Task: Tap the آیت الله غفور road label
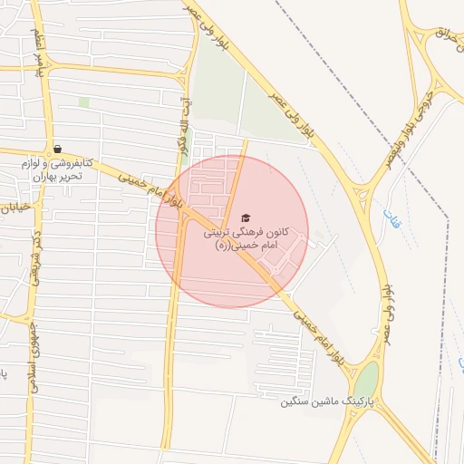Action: point(185,126)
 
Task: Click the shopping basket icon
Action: point(57,149)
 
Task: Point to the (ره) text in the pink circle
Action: point(223,246)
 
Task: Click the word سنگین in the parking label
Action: point(297,401)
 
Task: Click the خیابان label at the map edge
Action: point(16,208)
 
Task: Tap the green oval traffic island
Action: point(366,380)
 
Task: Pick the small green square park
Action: point(84,102)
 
